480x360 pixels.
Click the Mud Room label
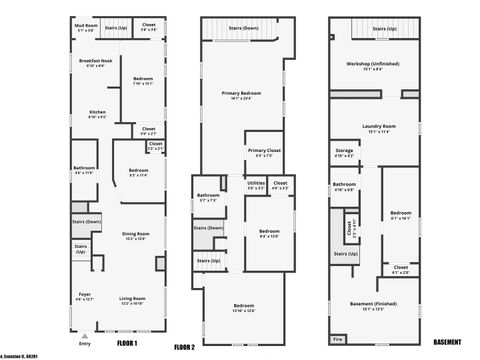click(x=88, y=27)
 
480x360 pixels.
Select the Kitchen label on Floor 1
click(x=97, y=113)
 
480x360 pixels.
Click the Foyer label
click(x=85, y=296)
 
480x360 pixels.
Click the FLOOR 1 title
click(x=127, y=342)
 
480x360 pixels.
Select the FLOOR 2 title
click(x=184, y=347)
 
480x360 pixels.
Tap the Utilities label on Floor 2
click(x=256, y=185)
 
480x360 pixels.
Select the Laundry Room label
click(x=381, y=128)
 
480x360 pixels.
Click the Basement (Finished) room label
click(x=380, y=306)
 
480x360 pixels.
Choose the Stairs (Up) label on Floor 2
click(x=208, y=261)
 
